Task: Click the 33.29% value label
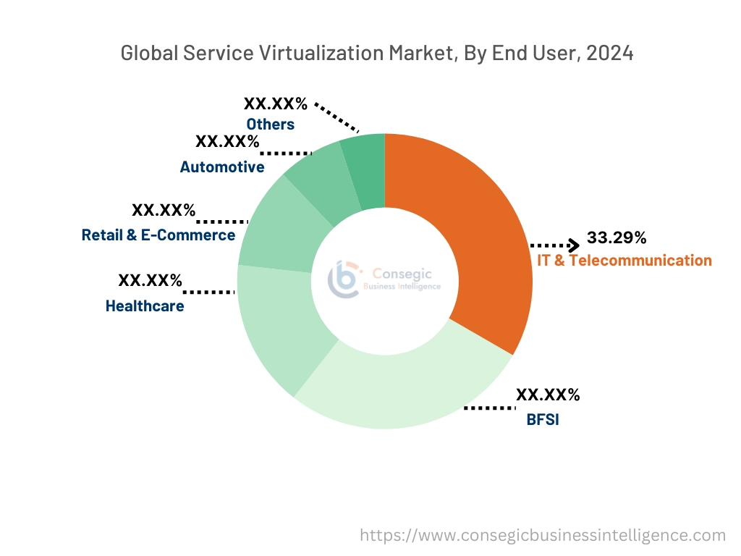pyautogui.click(x=617, y=237)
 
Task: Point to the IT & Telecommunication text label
pyautogui.click(x=623, y=260)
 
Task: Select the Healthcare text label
pyautogui.click(x=145, y=306)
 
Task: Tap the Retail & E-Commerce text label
pyautogui.click(x=158, y=235)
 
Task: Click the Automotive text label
pyautogui.click(x=222, y=167)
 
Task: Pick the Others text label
pyautogui.click(x=270, y=125)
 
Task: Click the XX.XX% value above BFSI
pyautogui.click(x=548, y=395)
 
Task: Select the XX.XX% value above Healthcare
pyautogui.click(x=151, y=280)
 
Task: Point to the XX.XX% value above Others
pyautogui.click(x=276, y=104)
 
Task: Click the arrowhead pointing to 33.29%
pyautogui.click(x=573, y=245)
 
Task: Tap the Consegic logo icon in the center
pyautogui.click(x=344, y=279)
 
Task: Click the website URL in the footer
pyautogui.click(x=543, y=535)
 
